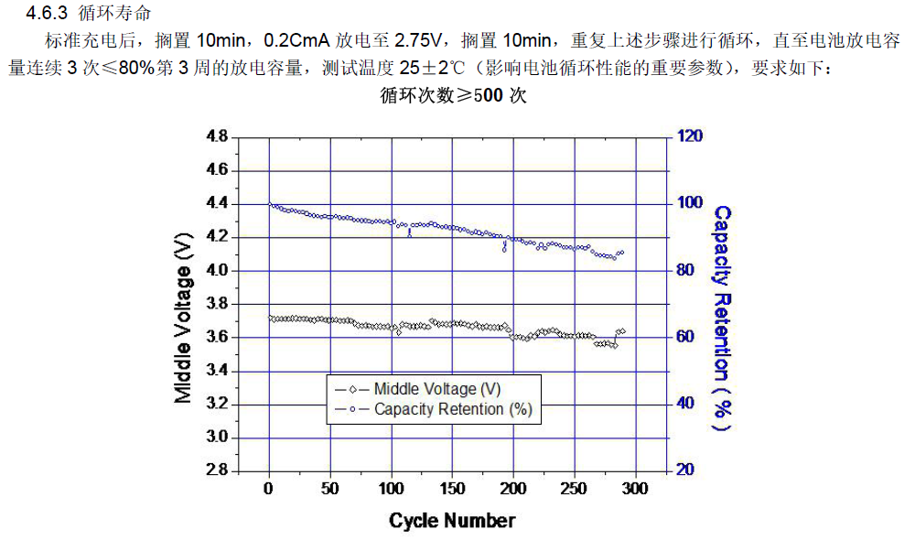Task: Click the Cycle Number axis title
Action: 452,521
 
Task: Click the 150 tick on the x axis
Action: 452,489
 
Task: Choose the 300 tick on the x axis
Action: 635,489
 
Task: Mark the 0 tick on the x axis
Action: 269,489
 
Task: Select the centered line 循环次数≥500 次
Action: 453,94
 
